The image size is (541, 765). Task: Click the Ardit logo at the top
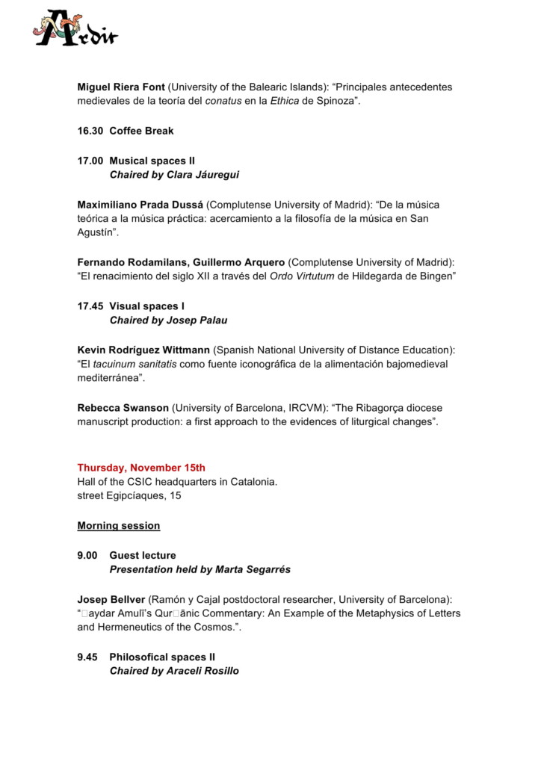tap(75, 29)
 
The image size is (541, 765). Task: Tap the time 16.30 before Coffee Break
tap(90, 131)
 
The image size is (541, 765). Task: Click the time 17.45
tap(90, 306)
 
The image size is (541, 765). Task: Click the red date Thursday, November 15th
tap(141, 468)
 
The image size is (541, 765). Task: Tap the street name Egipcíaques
tap(143, 495)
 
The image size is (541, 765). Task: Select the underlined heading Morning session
tap(118, 525)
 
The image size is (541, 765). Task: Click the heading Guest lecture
tap(143, 555)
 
